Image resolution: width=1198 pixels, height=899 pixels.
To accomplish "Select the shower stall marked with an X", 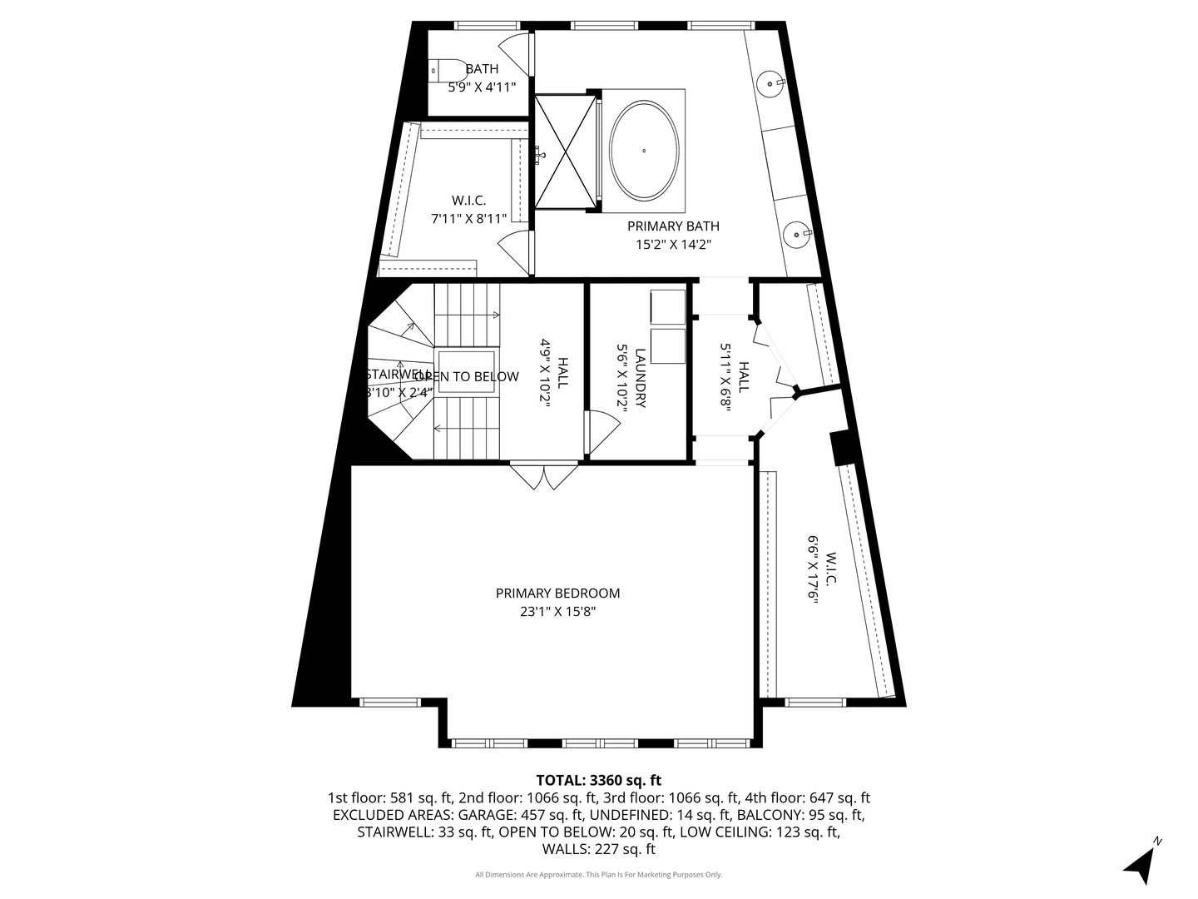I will click(565, 151).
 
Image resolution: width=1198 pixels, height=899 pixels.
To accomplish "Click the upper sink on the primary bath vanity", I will click(770, 82).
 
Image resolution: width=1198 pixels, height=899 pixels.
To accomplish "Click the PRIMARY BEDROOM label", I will click(557, 594).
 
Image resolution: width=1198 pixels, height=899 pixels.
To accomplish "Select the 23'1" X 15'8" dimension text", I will click(557, 612).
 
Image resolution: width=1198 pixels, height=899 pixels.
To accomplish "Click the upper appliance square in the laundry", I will click(667, 306).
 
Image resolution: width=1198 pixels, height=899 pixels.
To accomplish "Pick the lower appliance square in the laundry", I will click(667, 346).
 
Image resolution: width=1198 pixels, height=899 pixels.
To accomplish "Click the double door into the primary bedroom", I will click(543, 476).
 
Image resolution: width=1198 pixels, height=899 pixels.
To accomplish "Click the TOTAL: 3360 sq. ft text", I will click(598, 780).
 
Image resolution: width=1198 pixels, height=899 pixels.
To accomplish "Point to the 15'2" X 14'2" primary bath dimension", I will click(673, 245).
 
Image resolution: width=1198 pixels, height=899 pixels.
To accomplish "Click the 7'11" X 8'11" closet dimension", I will click(468, 218).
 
